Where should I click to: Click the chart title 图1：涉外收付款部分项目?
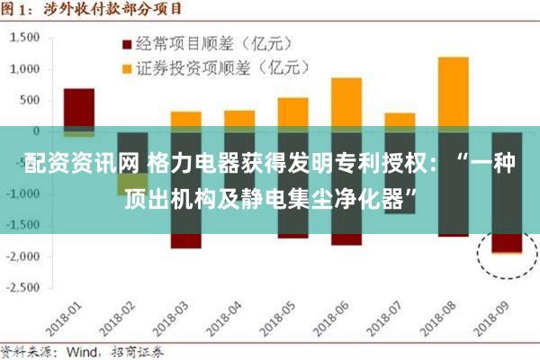(90, 10)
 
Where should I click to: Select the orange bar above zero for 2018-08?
(453, 90)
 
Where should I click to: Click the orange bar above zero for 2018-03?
(186, 119)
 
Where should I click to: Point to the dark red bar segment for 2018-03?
(186, 240)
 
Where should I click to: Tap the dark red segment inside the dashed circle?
(506, 243)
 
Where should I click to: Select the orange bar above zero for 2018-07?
(400, 120)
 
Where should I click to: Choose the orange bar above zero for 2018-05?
(292, 112)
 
